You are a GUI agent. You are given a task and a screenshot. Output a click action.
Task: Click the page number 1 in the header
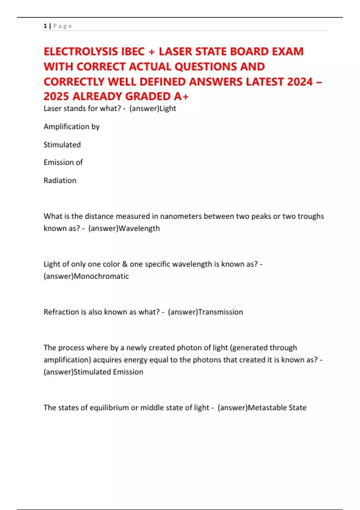[45, 26]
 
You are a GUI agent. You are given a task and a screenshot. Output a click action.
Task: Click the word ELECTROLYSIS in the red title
[81, 52]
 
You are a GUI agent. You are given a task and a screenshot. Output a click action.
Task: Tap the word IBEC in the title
[133, 52]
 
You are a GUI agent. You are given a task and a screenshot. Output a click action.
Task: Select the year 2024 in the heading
[300, 82]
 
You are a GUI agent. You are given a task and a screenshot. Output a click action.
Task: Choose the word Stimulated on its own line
[62, 145]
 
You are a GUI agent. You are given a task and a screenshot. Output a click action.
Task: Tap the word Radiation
[60, 181]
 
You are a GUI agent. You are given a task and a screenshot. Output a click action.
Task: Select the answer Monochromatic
[101, 276]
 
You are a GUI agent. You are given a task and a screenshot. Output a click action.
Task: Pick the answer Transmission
[220, 312]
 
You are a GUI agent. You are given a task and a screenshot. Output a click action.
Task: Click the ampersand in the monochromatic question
[125, 264]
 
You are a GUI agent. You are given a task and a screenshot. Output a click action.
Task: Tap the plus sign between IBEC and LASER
[151, 52]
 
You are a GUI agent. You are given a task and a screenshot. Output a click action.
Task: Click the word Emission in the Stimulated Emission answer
[128, 372]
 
